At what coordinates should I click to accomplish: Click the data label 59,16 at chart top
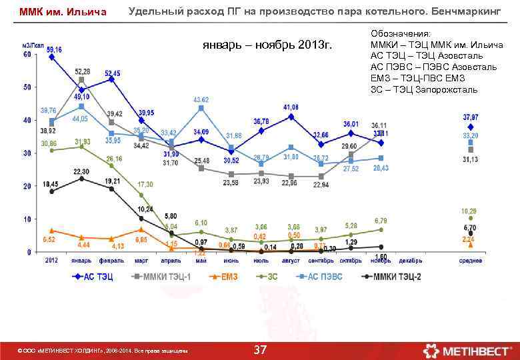coord(54,49)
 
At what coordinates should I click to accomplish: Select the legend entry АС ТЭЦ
coord(97,277)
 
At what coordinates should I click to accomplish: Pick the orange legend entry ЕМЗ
coord(228,277)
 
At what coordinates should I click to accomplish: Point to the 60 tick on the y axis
coord(27,55)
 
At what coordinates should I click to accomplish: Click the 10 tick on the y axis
coord(27,219)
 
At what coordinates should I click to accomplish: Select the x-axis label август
coord(291,261)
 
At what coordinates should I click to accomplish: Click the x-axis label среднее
coord(471,261)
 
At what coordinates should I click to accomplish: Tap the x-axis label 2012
coord(51,261)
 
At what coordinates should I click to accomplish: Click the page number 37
coord(261,349)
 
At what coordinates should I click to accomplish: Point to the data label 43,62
coord(201,99)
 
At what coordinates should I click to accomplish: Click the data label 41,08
coord(291,107)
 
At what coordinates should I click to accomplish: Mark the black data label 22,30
coord(81,171)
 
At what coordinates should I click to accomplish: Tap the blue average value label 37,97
coord(471,117)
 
